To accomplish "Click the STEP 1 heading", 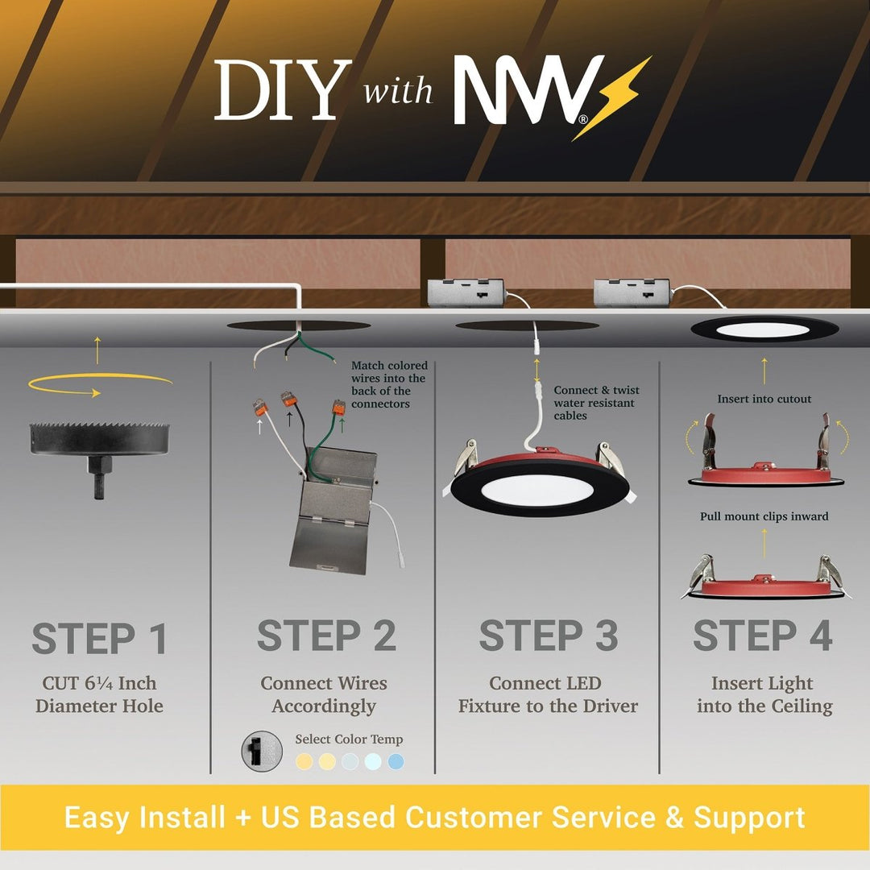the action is (x=99, y=638).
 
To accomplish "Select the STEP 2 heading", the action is (x=326, y=636).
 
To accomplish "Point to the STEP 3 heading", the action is (x=549, y=636).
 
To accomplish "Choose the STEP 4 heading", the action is (x=763, y=636).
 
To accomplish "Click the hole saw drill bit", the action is (x=99, y=459).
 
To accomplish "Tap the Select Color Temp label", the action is (x=349, y=739).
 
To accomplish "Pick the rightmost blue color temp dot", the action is (x=396, y=762).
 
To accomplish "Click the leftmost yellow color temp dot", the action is (x=304, y=762).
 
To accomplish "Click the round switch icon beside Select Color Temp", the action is (x=262, y=752).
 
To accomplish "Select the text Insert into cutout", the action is (x=764, y=399).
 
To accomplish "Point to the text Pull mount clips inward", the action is (x=764, y=516).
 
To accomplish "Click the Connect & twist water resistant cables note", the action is (x=596, y=403).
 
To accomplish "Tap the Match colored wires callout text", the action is (x=389, y=384).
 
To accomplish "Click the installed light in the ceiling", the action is (x=764, y=329).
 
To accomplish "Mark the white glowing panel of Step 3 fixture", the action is (x=537, y=490).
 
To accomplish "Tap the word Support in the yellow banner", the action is (x=749, y=818).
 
